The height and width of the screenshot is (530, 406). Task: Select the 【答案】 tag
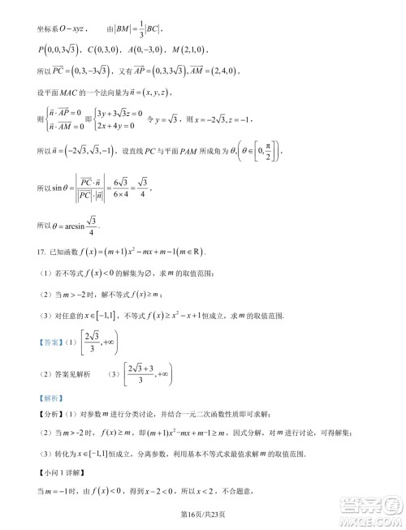49,342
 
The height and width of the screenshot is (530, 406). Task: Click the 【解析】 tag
49,398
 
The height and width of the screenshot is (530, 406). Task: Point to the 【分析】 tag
50,414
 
